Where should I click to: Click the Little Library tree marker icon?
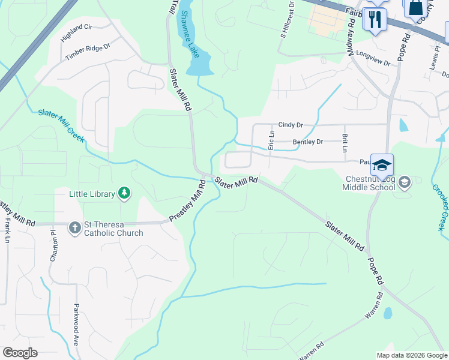click(124, 193)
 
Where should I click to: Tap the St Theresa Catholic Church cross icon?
click(74, 227)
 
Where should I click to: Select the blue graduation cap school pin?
click(382, 164)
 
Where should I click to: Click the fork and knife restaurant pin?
click(375, 19)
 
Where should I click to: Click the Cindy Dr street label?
click(291, 125)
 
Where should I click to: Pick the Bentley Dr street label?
click(307, 142)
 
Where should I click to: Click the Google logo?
click(20, 353)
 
